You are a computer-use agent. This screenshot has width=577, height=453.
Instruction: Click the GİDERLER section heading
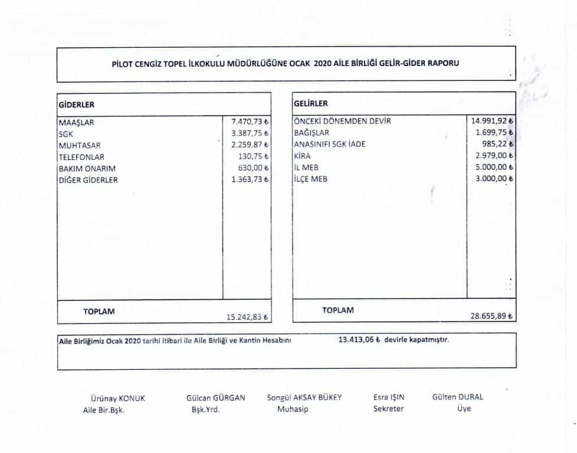pos(77,104)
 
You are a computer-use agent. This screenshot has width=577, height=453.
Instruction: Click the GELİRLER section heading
pos(311,104)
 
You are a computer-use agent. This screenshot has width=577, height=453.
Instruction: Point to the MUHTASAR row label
pos(80,146)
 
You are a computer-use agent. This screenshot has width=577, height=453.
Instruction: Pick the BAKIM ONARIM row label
pos(87,169)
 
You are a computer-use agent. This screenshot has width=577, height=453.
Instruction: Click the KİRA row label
pos(302,156)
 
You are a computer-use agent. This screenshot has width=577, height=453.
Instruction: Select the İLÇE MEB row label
pos(310,179)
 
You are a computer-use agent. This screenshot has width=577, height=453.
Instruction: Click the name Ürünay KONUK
pos(117,398)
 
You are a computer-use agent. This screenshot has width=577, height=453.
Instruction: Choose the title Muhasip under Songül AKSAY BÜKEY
pos(293,409)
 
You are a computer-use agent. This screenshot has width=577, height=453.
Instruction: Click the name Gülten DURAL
pos(457,397)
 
